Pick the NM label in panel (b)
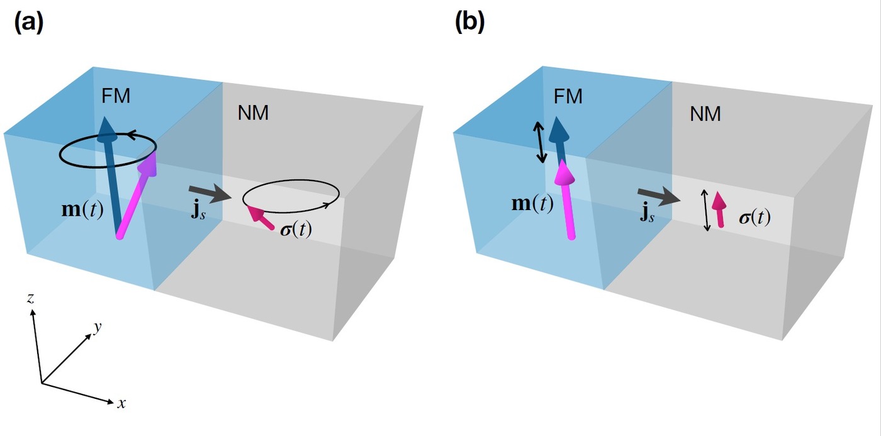(x=705, y=113)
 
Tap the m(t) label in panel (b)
(x=534, y=204)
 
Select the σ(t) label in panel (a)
(x=296, y=230)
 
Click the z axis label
(x=30, y=298)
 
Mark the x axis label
(x=121, y=403)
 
